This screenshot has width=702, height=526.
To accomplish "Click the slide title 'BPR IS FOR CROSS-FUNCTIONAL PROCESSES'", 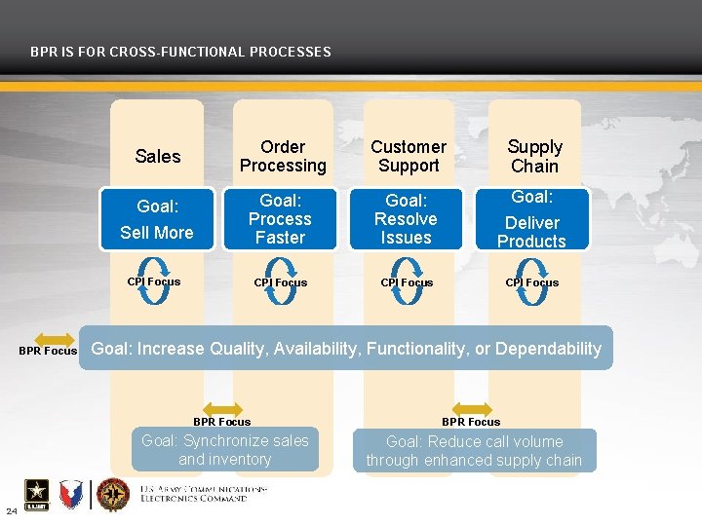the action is click(x=180, y=52).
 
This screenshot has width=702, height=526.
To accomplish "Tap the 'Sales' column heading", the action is click(x=158, y=157).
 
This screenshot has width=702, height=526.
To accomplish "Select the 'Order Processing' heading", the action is click(x=283, y=156).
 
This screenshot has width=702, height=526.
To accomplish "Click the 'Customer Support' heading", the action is click(x=409, y=156).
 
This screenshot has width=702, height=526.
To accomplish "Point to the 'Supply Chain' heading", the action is click(x=534, y=156).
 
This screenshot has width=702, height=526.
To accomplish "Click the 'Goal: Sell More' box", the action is click(x=157, y=219).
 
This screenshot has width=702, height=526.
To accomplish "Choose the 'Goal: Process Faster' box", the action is click(x=280, y=219).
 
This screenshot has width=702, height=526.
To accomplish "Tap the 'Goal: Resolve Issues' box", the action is click(x=407, y=219).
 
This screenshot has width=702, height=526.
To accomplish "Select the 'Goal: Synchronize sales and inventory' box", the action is click(x=225, y=450).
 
